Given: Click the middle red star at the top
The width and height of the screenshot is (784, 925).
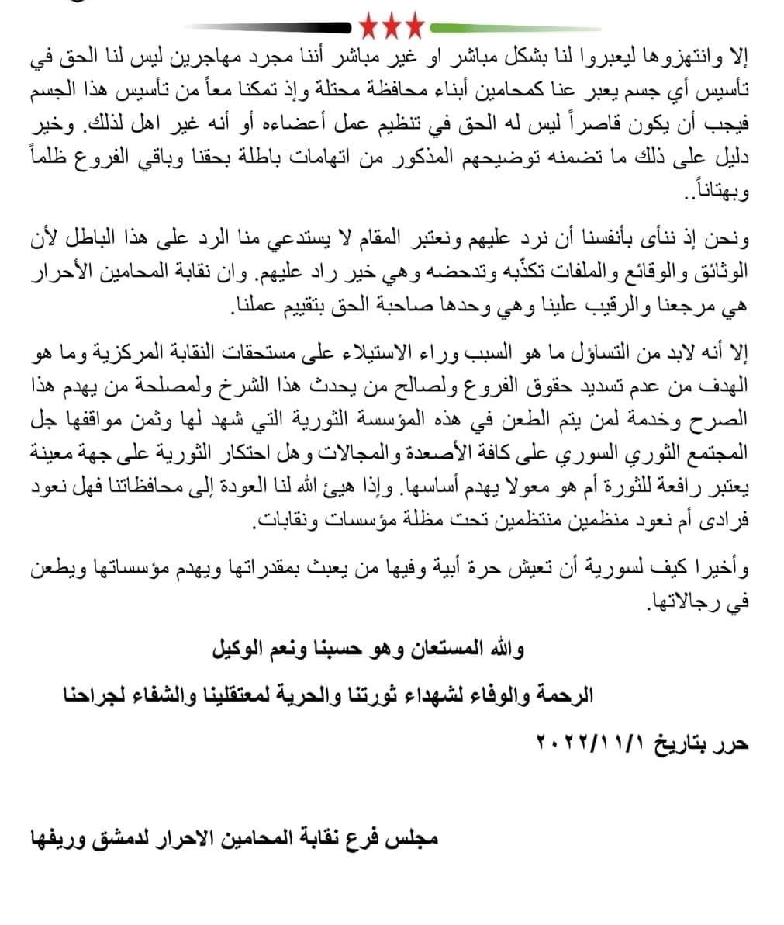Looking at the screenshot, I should pos(392,27).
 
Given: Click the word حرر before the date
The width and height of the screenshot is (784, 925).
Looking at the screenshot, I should pos(734,743).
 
